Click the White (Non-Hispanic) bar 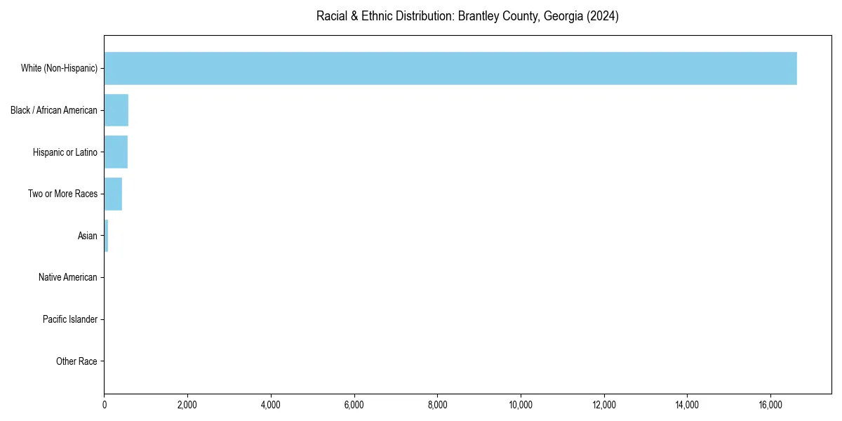[450, 68]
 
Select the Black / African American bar [116, 110]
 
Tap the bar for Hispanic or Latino [116, 152]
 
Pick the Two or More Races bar [113, 194]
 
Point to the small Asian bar [106, 236]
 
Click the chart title [467, 16]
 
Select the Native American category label [67, 278]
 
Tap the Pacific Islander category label [69, 320]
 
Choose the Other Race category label [76, 361]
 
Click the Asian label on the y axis [87, 236]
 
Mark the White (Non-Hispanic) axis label [59, 68]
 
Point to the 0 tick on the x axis [105, 404]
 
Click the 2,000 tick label [187, 404]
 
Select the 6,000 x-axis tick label [354, 404]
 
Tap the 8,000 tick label [437, 404]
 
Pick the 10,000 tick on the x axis [521, 404]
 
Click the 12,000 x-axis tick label [604, 404]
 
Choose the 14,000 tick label [687, 404]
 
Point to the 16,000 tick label [770, 404]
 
